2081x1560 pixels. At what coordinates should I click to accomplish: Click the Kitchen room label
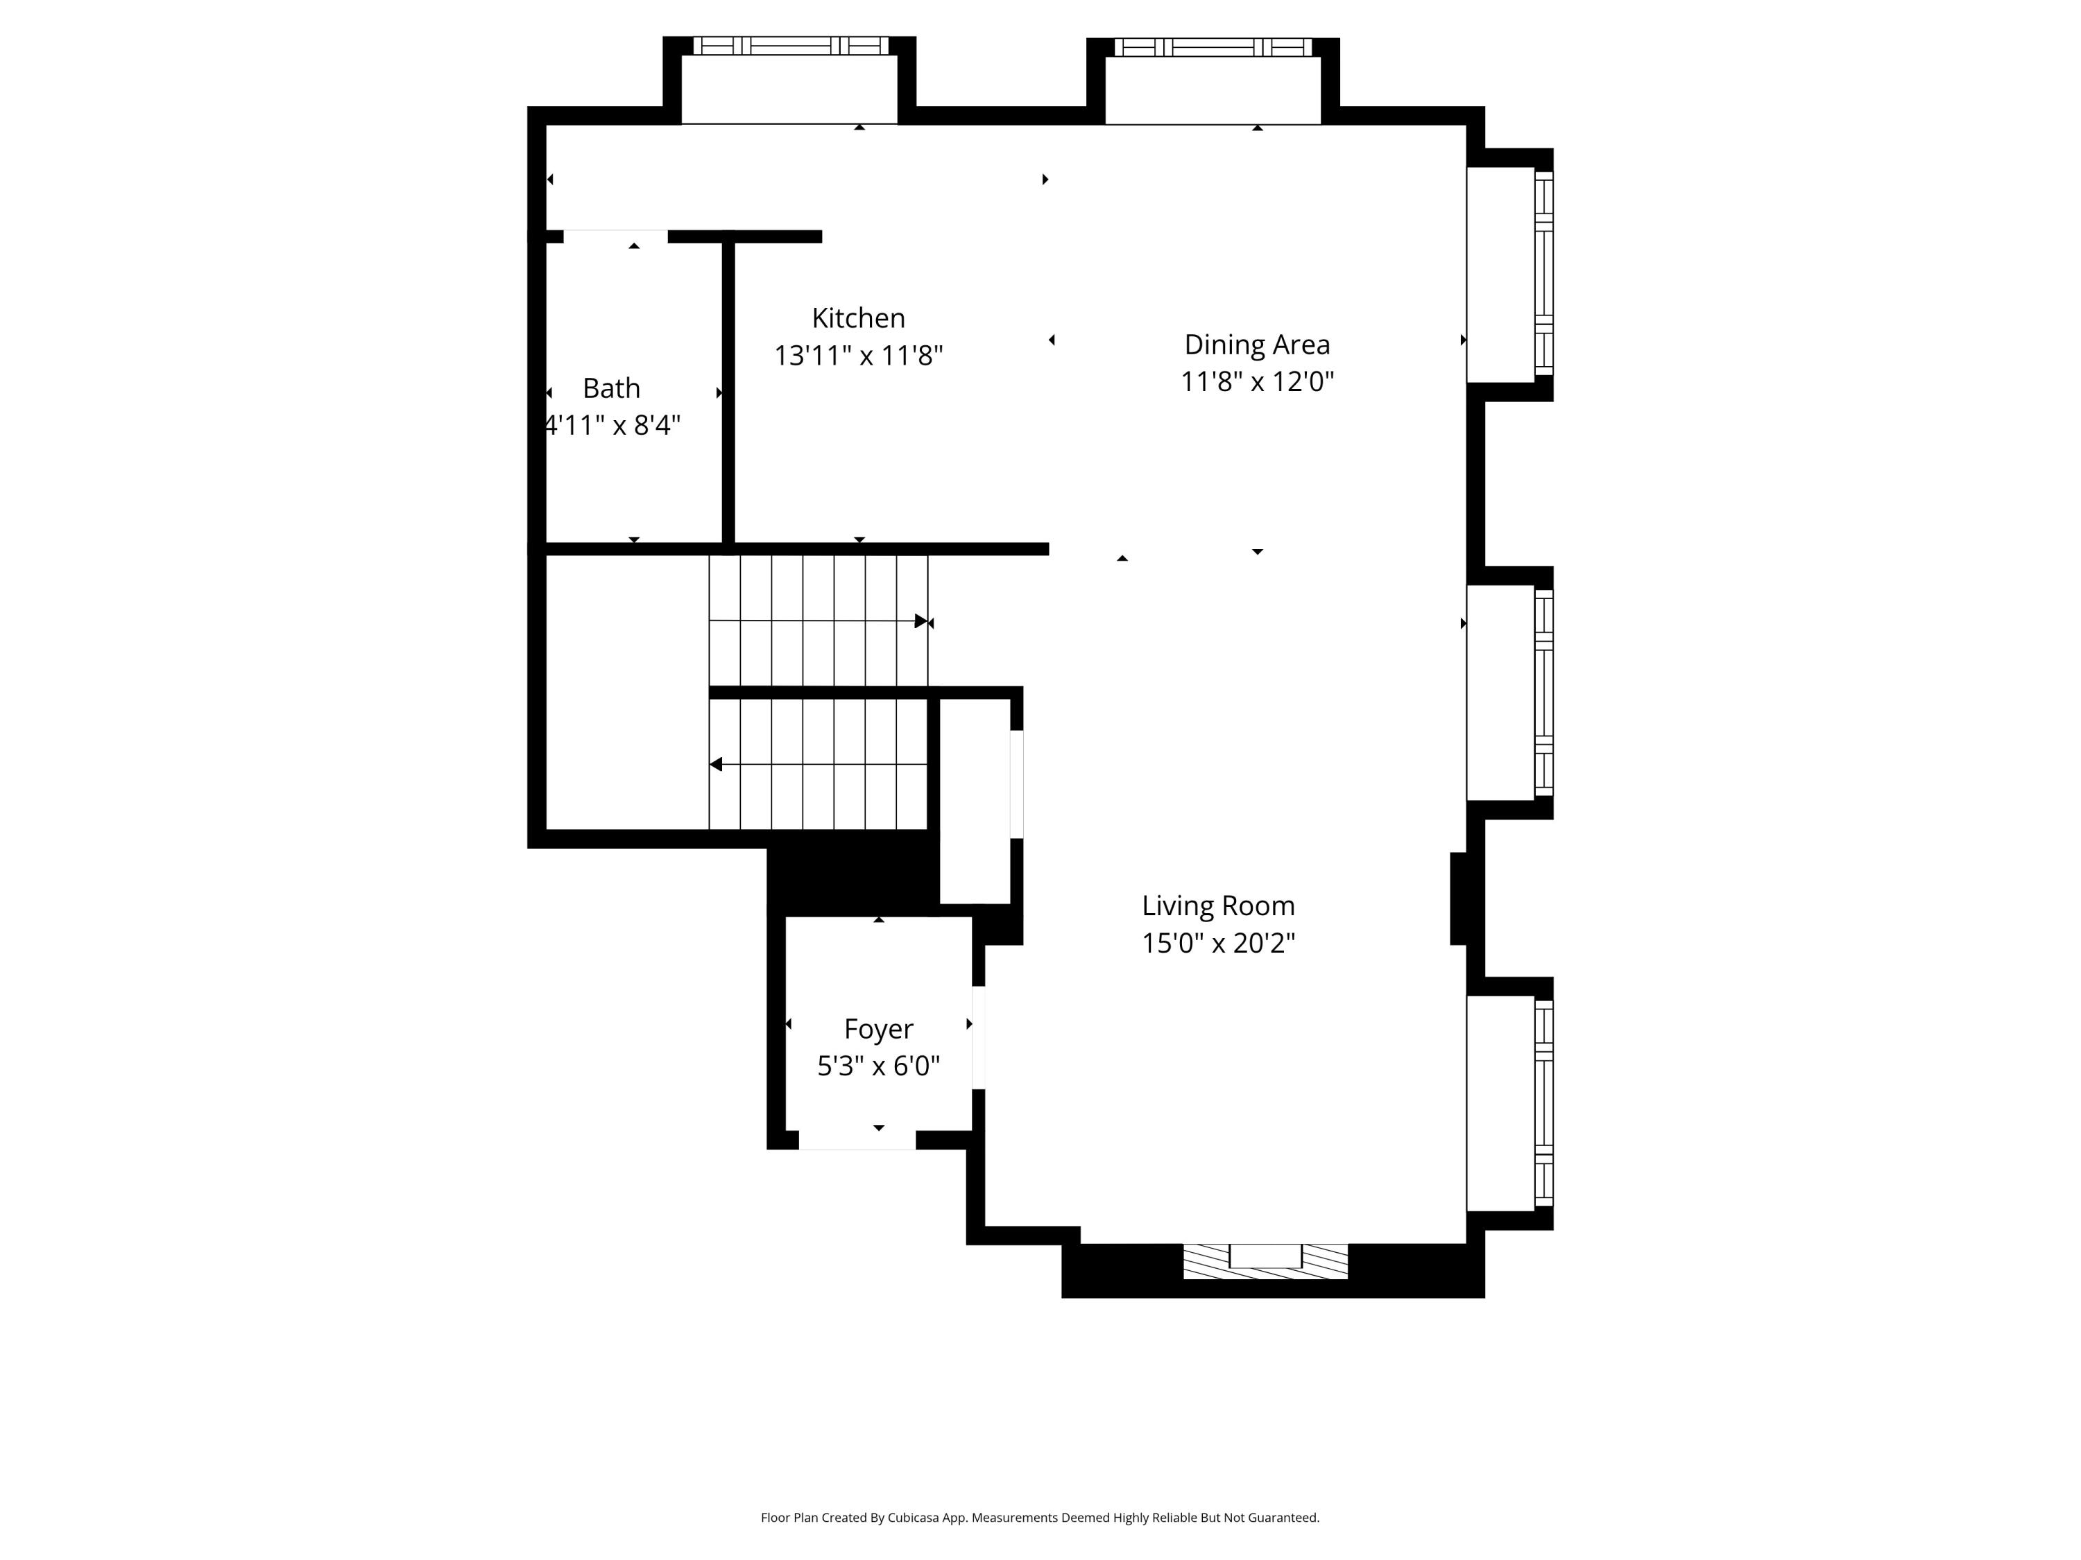(858, 318)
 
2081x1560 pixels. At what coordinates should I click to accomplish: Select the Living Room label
(1218, 905)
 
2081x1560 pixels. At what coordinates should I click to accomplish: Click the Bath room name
(612, 388)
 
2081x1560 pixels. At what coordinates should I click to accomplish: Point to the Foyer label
(877, 1029)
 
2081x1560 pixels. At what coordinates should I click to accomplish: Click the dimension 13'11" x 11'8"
(858, 356)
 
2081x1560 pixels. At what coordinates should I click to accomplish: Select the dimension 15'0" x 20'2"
(1218, 943)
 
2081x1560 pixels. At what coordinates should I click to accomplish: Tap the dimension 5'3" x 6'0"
(877, 1066)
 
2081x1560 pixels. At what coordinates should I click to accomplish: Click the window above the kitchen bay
(790, 45)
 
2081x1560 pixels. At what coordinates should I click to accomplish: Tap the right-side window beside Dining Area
(1544, 274)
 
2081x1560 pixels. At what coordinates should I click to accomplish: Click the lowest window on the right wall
(1544, 1103)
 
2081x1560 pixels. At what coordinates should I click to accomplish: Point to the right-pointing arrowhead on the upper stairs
(920, 621)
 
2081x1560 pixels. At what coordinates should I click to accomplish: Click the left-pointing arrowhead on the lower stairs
(716, 765)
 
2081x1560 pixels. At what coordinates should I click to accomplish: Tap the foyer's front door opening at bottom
(857, 1140)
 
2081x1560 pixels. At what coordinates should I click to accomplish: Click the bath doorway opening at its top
(615, 236)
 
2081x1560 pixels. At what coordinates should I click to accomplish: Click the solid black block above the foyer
(851, 874)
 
